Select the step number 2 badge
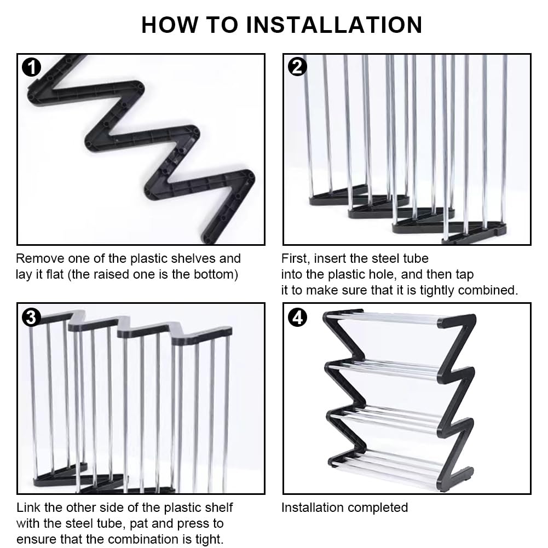coord(297,67)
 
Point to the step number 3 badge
coord(31,317)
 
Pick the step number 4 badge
coord(297,317)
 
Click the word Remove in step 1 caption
coord(38,258)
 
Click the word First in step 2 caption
coord(294,258)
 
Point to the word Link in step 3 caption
coord(28,507)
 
